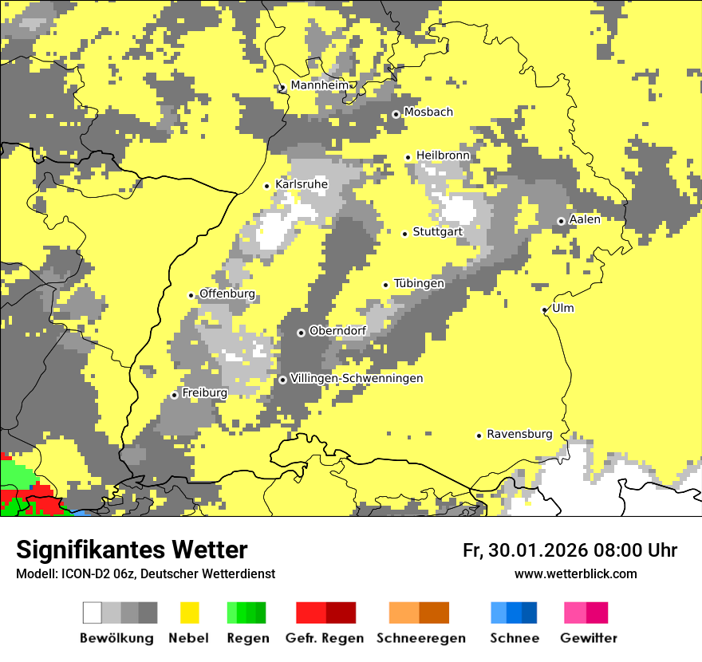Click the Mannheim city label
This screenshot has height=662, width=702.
pos(320,85)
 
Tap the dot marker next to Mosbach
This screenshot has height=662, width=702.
pos(396,114)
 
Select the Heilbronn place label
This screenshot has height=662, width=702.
pos(443,156)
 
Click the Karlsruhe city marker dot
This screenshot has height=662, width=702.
pos(267,186)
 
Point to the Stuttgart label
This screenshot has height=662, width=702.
pos(438,232)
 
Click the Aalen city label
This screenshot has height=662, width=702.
pos(585,219)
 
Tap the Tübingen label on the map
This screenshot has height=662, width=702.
pos(419,283)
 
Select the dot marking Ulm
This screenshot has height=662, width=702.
pos(545,309)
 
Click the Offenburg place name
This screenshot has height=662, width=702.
pos(227,294)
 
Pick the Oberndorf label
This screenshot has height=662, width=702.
pos(337,331)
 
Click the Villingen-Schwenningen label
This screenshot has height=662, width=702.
pos(357,378)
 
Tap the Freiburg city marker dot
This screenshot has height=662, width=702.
pos(174,395)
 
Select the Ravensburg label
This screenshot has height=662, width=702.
pos(519,434)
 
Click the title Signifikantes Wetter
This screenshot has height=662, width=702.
pos(132,550)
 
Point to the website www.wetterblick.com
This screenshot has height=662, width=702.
pos(575,573)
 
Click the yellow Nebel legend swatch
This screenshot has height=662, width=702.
pos(190,613)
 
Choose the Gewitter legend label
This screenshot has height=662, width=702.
pos(588,638)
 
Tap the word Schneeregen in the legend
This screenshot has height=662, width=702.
pos(421,638)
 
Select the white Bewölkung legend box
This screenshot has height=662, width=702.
pos(93,613)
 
